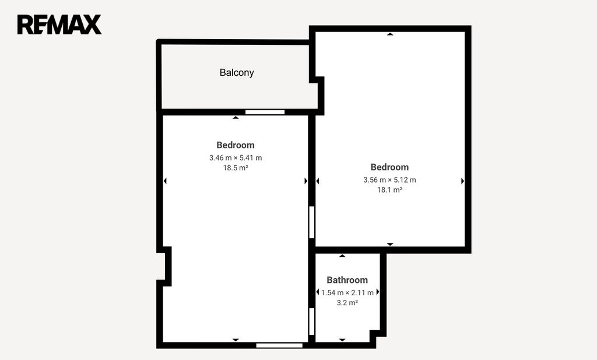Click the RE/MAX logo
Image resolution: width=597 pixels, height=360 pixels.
59,25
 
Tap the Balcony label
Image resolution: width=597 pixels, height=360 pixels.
237,72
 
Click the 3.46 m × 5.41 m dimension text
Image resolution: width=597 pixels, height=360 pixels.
236,158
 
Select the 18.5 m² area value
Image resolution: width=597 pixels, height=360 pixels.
236,167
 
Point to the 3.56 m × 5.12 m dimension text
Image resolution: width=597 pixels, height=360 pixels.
389,180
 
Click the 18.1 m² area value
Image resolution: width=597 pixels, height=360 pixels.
389,190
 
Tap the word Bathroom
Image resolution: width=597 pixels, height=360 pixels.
347,280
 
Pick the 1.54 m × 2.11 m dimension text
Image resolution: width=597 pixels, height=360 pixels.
347,292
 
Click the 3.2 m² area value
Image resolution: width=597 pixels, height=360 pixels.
347,302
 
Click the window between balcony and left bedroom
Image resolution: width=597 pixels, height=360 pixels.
265,112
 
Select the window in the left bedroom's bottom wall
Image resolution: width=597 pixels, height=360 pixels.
279,345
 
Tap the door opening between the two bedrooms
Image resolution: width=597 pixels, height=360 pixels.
311,222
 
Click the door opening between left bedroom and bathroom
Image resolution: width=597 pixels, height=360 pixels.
311,321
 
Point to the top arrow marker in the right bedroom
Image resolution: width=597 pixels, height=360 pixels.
390,34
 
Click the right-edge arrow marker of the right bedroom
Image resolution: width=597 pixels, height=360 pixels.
462,181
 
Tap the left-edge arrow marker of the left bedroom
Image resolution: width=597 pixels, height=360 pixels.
165,181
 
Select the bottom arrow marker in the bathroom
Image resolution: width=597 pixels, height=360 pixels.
342,340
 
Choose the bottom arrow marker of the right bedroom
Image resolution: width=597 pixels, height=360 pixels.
390,244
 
